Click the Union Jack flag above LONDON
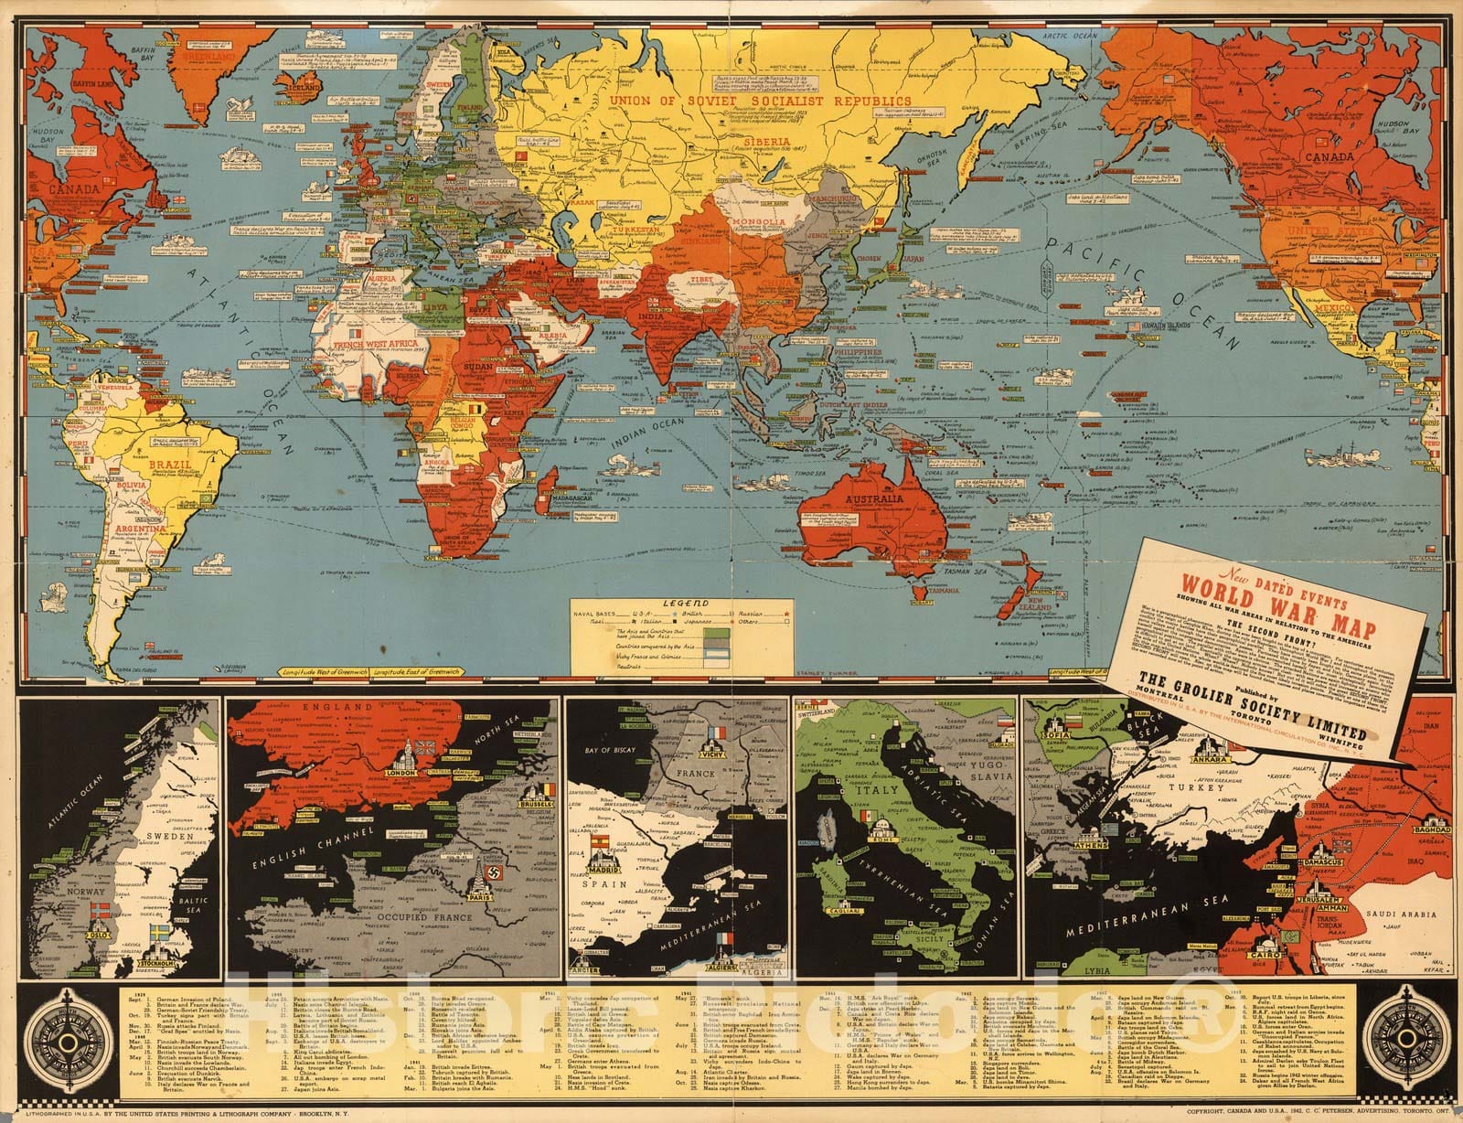point(422,743)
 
